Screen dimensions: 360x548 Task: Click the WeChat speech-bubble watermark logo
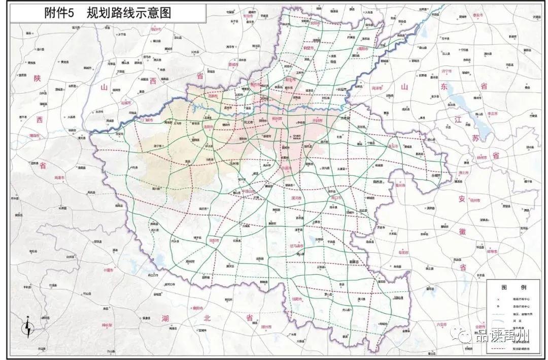[464, 335]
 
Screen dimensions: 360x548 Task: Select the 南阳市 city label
[214, 240]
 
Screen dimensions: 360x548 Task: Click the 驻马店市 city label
[299, 246]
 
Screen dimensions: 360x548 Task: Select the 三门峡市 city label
[138, 120]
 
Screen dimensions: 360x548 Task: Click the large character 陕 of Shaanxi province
[37, 78]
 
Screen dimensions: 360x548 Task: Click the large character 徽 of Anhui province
[462, 231]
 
